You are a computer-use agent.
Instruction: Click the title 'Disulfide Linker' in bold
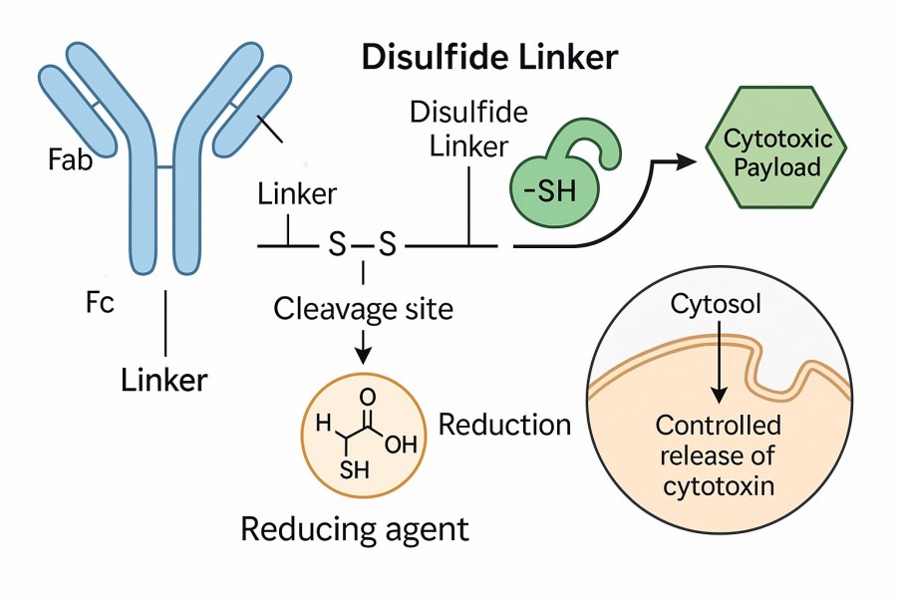pos(488,57)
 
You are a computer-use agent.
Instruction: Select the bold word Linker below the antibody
pos(164,379)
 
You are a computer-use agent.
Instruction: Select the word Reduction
pos(504,425)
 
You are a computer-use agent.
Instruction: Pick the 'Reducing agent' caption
pos(354,528)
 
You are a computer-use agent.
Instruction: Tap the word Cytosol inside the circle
pos(716,304)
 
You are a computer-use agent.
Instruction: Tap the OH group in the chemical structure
pos(400,445)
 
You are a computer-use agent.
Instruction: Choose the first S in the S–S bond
pos(337,244)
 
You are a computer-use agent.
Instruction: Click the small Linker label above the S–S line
pos(297,194)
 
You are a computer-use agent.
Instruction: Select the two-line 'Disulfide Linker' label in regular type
pos(468,128)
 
